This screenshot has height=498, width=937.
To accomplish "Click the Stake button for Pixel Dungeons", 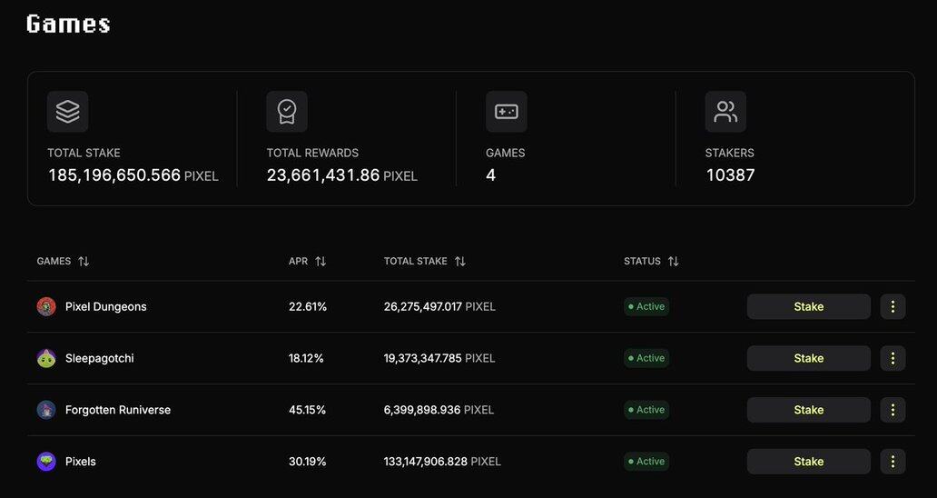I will click(808, 306).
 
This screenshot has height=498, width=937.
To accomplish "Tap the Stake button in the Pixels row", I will click(808, 462).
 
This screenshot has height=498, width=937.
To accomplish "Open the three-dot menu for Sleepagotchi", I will click(893, 358).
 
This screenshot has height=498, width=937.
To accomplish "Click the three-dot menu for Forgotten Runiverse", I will click(893, 410).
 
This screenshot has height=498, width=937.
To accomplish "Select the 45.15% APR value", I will click(307, 410).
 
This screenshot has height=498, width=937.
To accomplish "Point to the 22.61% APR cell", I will click(307, 306).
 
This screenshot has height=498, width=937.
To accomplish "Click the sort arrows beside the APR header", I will click(321, 262).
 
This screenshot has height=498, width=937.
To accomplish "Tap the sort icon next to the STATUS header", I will click(673, 262).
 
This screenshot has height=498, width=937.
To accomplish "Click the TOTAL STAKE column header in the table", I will click(415, 262).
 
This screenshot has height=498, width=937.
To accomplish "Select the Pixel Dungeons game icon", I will click(46, 307).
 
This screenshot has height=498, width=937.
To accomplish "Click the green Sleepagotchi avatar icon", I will click(46, 358).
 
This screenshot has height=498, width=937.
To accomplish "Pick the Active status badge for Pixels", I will click(646, 462).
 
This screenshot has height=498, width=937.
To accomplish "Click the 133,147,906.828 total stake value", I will click(426, 462).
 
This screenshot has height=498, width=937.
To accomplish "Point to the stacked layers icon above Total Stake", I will click(68, 112).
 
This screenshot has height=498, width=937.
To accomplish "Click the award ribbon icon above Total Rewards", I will click(287, 112).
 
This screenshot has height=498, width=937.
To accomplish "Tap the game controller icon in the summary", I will click(506, 112).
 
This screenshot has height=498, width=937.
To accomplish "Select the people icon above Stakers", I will click(725, 112).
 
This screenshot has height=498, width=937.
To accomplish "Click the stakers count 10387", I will click(730, 175).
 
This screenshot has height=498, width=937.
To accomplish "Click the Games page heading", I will click(68, 24).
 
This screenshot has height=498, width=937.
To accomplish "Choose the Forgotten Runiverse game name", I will click(118, 410).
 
